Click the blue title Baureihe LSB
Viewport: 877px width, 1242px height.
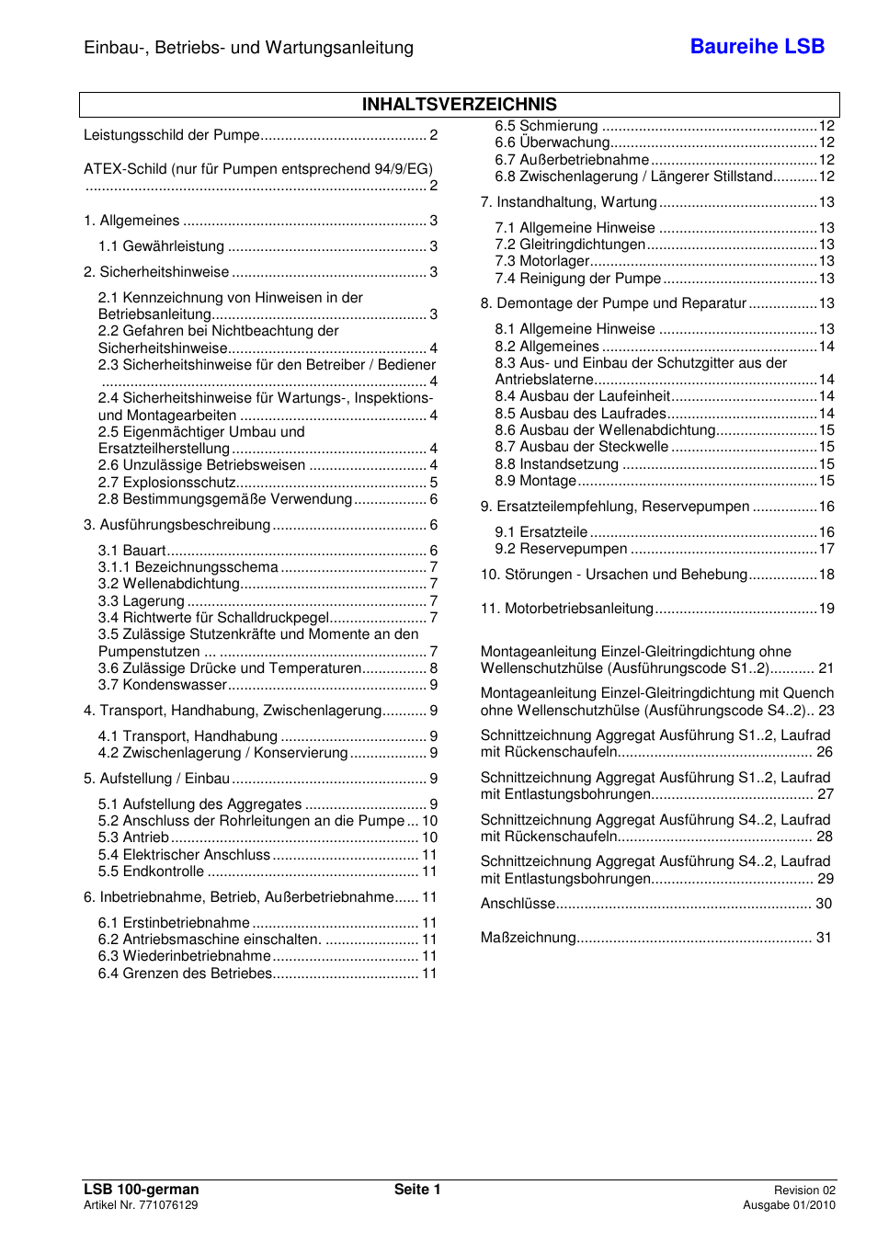[x=757, y=47]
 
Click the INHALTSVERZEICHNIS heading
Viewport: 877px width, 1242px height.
[x=459, y=105]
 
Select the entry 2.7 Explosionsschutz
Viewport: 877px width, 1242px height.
[x=167, y=483]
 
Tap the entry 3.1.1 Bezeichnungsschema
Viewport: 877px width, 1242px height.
[x=188, y=567]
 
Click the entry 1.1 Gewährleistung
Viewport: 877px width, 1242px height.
[x=161, y=246]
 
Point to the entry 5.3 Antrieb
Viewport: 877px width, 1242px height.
[x=133, y=837]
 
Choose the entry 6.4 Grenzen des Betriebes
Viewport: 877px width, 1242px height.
[x=185, y=974]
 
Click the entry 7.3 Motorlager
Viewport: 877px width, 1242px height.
[x=541, y=261]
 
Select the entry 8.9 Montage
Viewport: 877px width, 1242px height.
[x=535, y=481]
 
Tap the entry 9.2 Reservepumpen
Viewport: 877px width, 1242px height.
[x=561, y=549]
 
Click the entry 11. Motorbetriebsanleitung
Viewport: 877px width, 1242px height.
[x=566, y=609]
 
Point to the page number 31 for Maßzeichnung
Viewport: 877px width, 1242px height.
[x=824, y=938]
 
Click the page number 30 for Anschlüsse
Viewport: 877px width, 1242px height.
[x=824, y=904]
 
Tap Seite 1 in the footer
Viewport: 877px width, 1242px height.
[x=417, y=1190]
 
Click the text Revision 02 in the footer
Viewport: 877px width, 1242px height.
[x=804, y=1191]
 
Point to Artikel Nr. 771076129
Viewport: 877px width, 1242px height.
[x=141, y=1205]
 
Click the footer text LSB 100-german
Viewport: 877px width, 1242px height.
[x=141, y=1190]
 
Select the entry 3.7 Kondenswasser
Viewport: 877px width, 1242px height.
[x=162, y=685]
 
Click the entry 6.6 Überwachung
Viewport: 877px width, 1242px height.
[x=552, y=142]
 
